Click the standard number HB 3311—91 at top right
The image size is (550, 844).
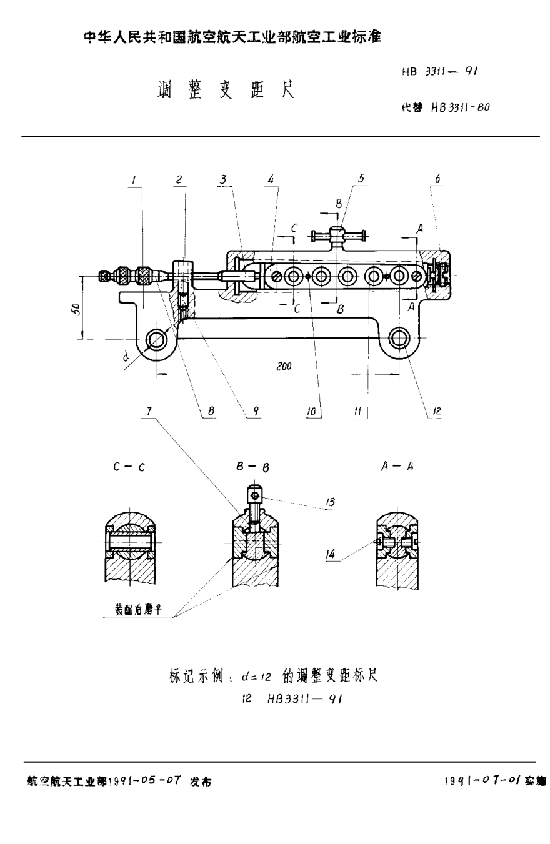click(x=440, y=72)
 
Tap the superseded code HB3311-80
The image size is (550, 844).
click(x=459, y=107)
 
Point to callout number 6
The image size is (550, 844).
click(x=437, y=179)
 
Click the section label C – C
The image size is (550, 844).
click(x=129, y=466)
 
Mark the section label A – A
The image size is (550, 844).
click(x=397, y=466)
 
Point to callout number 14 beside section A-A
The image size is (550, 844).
click(x=331, y=552)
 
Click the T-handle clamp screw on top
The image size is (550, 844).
click(x=338, y=236)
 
